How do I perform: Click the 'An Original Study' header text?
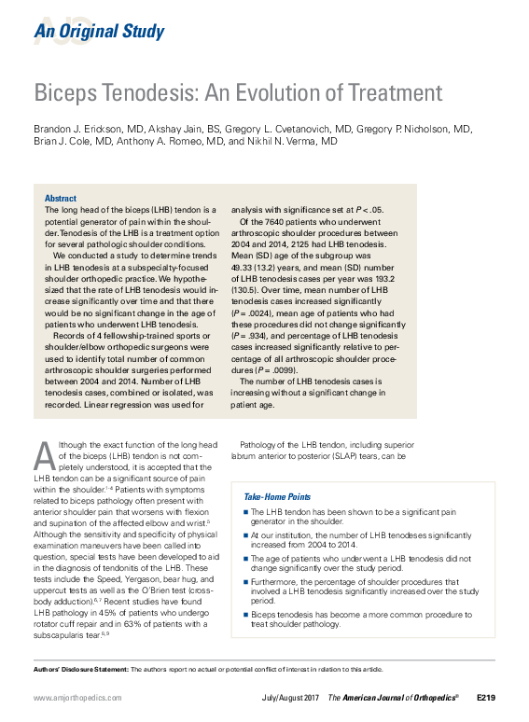pyautogui.click(x=99, y=33)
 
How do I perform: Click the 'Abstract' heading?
pyautogui.click(x=61, y=199)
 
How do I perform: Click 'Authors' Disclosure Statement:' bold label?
pyautogui.click(x=79, y=669)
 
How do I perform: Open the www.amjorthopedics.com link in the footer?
pyautogui.click(x=77, y=698)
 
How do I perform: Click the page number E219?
pyautogui.click(x=486, y=698)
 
